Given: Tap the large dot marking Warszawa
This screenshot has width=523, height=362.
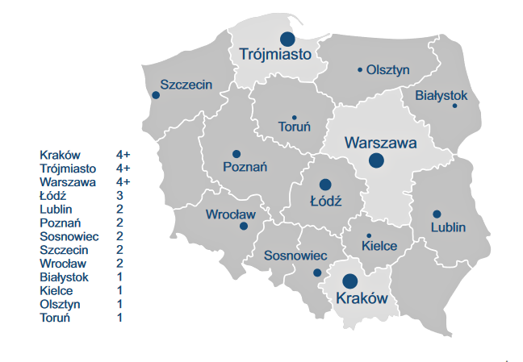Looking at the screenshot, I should pos(376,160).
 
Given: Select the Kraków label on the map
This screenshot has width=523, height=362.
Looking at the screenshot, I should pos(356,298).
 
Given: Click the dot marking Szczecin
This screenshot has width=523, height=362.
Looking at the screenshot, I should pos(156,95).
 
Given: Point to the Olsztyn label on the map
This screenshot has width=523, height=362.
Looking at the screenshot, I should pos(387,70).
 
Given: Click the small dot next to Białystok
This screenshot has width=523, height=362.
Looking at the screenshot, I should pos(455,106).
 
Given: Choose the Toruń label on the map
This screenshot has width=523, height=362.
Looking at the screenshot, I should pos(294,127).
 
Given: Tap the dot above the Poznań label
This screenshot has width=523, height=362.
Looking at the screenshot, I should pos(236,154).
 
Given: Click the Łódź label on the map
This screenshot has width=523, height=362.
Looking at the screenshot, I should pos(326,201).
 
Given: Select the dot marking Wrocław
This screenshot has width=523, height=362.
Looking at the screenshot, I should pos(244,227).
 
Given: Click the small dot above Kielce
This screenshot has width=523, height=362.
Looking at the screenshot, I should pos(369,235).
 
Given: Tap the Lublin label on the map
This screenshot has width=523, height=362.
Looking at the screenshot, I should pos(448,227).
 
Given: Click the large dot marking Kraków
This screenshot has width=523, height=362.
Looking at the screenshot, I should pos(350,281).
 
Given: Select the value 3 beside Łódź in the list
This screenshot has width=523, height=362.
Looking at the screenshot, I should pos(119,195).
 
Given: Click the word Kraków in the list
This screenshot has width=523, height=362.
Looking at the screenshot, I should pos(60,154).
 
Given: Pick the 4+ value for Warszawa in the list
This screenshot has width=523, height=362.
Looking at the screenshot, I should pos(123,181).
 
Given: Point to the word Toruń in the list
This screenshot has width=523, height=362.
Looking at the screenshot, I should pos(56,318).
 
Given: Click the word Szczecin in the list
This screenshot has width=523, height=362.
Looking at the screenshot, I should pos(63,250).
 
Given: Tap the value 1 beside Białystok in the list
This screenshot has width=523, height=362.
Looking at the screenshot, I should pos(119,277).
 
